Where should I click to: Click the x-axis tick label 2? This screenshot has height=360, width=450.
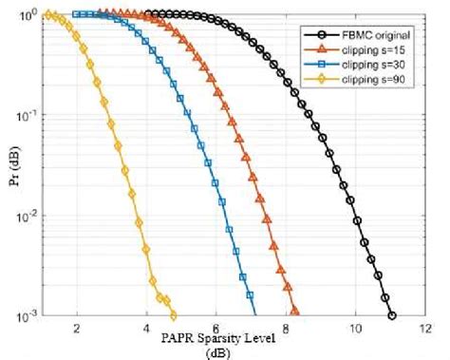coord(75,328)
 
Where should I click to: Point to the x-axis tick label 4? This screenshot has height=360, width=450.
coord(145,328)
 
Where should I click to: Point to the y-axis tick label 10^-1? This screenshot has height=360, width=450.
coord(26,116)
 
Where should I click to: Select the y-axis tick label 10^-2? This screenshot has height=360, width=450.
coord(26,216)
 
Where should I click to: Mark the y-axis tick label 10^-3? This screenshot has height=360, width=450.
coord(26,314)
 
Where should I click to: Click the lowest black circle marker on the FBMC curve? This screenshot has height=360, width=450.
coord(392,315)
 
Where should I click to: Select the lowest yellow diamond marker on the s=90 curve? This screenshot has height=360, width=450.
coord(173,314)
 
